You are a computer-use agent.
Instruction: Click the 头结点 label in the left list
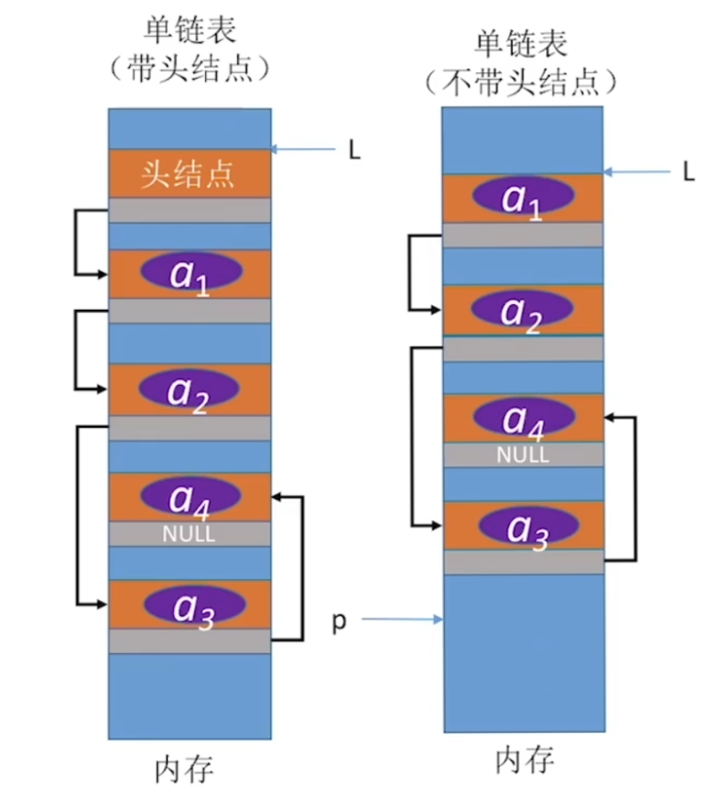coord(188,173)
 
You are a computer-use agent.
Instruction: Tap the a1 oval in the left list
coord(191,272)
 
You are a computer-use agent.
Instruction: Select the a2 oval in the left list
coord(190,389)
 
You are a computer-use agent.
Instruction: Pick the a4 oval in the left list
coord(190,496)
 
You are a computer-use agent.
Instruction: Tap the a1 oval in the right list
coord(522,197)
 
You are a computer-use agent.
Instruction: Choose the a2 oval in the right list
coord(523,309)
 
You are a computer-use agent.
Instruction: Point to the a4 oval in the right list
coord(523,418)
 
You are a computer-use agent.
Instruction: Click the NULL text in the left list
coord(189,534)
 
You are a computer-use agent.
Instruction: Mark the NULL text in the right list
coord(523,454)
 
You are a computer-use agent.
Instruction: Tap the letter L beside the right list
coord(690,171)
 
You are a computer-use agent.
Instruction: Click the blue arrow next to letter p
coord(403,620)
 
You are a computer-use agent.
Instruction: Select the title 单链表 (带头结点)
coord(190,49)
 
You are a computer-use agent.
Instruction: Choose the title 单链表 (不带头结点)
coord(521,63)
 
